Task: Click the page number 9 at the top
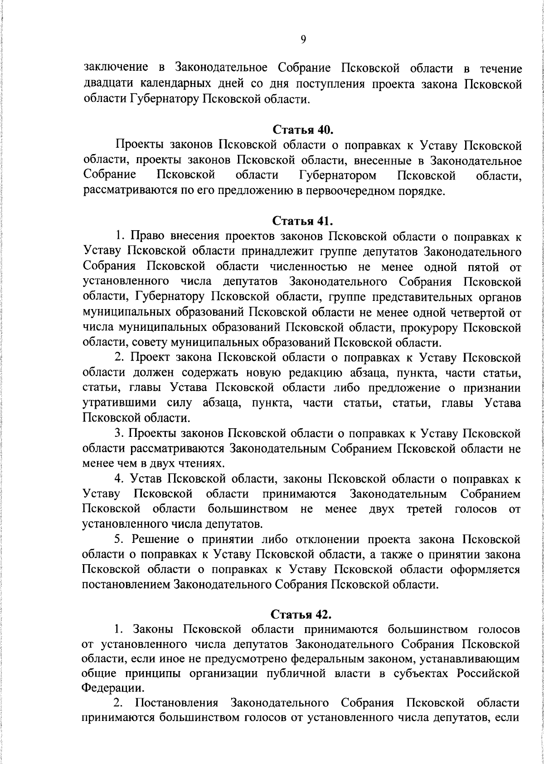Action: point(303,39)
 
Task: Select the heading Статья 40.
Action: point(303,130)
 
